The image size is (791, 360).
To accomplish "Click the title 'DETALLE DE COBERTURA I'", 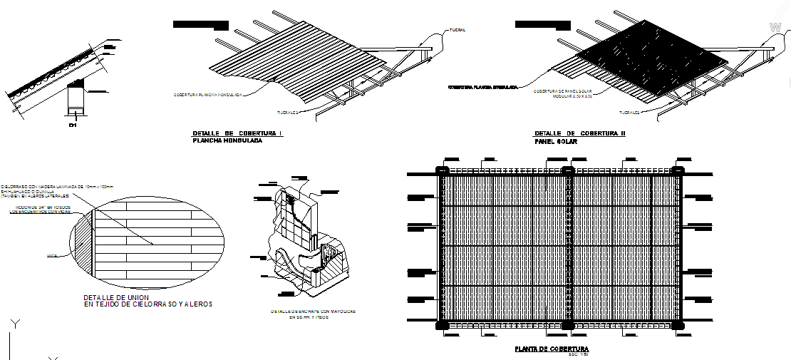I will click(x=237, y=133).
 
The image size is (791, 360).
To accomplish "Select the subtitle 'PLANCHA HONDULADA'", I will click(x=227, y=141).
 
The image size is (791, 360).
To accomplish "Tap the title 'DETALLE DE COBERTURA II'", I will click(x=579, y=133).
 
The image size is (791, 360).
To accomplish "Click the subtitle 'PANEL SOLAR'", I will click(x=556, y=142).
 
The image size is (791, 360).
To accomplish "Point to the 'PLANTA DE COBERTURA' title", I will click(x=552, y=349).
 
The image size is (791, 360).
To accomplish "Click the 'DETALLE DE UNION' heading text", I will click(x=117, y=297).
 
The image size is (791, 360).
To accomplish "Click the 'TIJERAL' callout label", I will click(x=457, y=30).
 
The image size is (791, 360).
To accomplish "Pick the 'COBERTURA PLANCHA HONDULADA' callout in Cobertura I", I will click(x=209, y=94).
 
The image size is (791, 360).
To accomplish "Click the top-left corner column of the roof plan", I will click(x=441, y=171).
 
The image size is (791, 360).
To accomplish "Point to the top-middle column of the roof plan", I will click(x=567, y=171).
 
